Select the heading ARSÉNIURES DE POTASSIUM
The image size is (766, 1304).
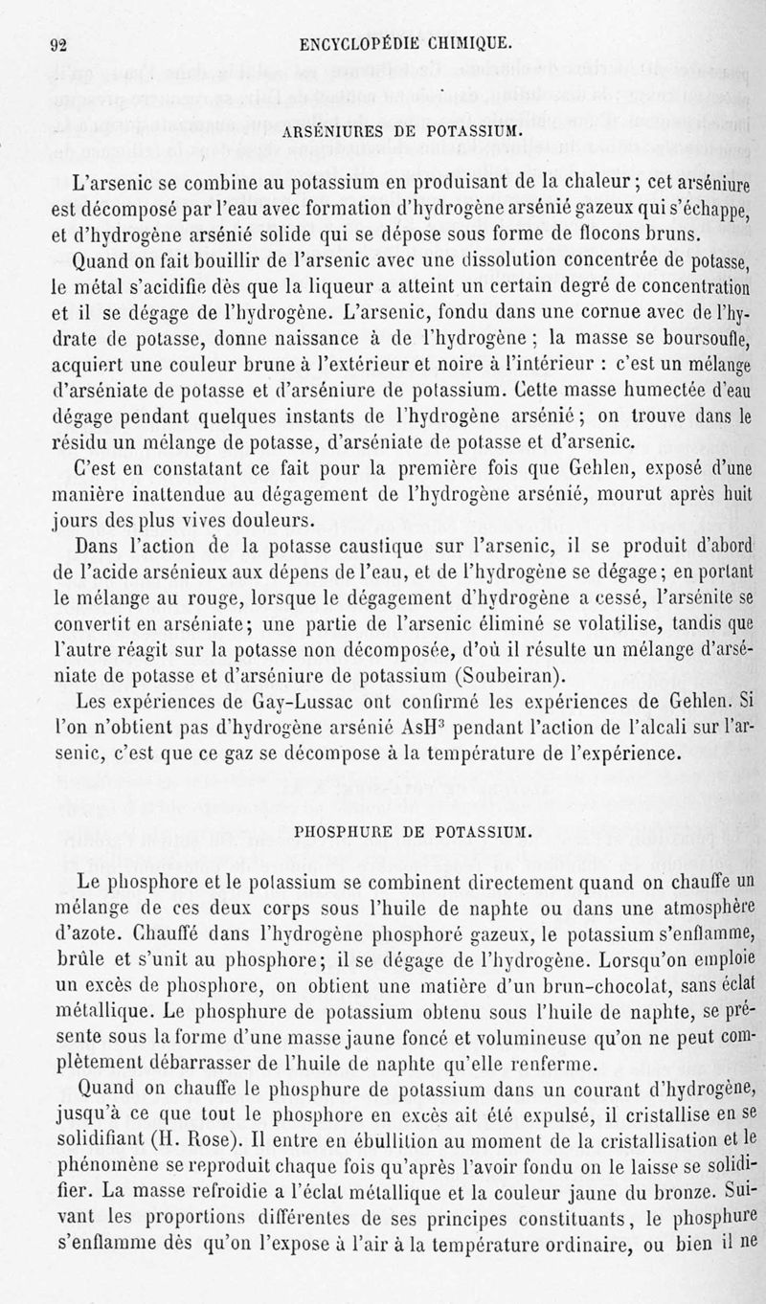[400, 130]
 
